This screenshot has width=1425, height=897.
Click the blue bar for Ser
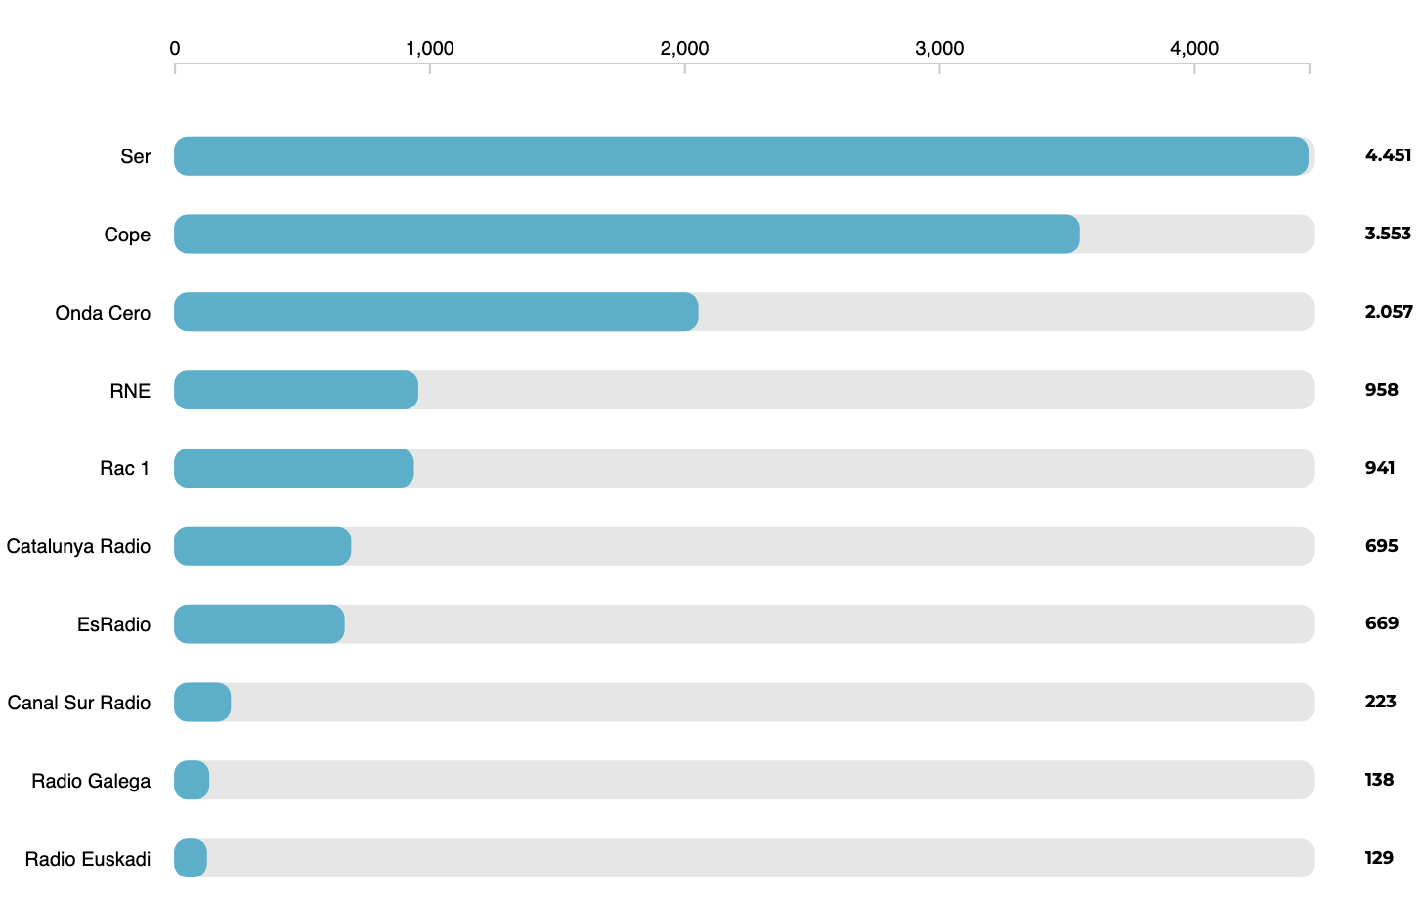741,156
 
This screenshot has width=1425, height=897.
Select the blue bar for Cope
626,235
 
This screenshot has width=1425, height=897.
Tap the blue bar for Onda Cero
436,312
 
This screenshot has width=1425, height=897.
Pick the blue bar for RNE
296,390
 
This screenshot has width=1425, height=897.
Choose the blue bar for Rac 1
294,468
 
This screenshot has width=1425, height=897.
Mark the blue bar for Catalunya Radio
262,546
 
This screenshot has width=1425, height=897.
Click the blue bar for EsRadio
259,624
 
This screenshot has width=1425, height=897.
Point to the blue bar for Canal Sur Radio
202,703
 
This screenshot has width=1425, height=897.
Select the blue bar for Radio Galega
192,780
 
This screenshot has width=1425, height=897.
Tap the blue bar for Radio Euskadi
191,858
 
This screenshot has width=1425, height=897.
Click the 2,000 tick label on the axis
684,49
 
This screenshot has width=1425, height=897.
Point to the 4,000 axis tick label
1193,49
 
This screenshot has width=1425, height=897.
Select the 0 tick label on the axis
175,49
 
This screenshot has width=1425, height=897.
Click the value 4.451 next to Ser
1388,155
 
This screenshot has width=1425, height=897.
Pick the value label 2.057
1389,312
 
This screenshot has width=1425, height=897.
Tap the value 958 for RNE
1381,390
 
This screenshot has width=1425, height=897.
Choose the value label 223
1380,702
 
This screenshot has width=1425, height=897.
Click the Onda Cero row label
103,313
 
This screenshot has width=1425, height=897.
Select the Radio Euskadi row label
88,859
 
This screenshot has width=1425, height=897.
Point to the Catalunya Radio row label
78,546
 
